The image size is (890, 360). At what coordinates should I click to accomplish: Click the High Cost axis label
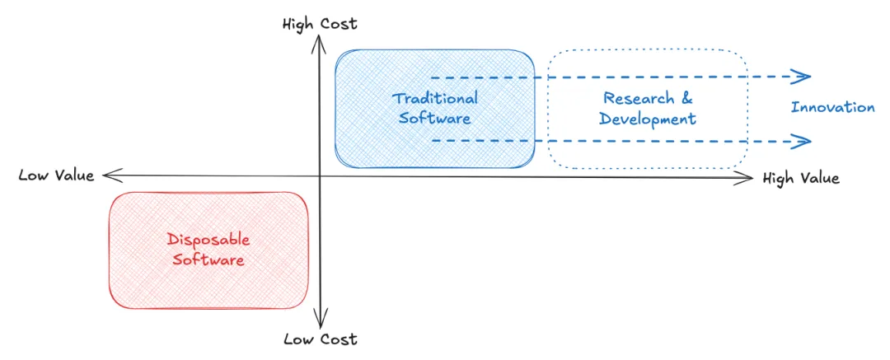coord(320,24)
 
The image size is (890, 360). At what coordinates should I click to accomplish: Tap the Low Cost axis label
coord(320,339)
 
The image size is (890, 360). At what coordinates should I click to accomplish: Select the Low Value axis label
coord(56,175)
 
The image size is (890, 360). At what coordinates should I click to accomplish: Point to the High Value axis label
coord(801,178)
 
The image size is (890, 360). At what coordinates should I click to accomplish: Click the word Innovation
coord(832,107)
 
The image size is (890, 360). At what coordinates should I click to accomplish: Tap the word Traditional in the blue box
coord(434,98)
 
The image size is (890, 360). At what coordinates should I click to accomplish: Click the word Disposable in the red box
coord(208,240)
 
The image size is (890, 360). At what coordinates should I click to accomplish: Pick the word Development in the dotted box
coord(648,119)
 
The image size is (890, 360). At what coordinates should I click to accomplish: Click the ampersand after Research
coord(686,99)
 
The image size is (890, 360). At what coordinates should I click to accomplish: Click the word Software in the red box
coord(208,259)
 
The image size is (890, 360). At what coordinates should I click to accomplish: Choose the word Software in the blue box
coord(434,118)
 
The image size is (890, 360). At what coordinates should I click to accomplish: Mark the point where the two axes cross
coord(320,175)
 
